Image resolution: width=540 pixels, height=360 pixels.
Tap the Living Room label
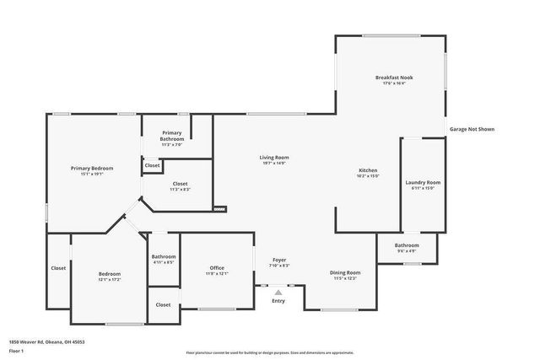pyautogui.click(x=274, y=158)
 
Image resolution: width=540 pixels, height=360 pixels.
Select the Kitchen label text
pyautogui.click(x=368, y=170)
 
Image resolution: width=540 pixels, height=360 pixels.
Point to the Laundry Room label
pyautogui.click(x=423, y=182)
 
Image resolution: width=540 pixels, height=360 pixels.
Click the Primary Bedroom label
pyautogui.click(x=91, y=169)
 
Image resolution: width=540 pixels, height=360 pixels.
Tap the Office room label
pyautogui.click(x=217, y=268)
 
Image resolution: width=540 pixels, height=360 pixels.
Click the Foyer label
pyautogui.click(x=279, y=261)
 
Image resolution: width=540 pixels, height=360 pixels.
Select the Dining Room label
pyautogui.click(x=345, y=272)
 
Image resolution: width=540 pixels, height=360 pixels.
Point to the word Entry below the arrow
pyautogui.click(x=278, y=300)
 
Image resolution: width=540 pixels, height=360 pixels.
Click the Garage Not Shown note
pyautogui.click(x=471, y=129)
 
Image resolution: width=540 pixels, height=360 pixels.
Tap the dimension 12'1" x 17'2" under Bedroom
pyautogui.click(x=110, y=279)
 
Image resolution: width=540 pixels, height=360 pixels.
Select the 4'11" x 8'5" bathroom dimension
pyautogui.click(x=164, y=262)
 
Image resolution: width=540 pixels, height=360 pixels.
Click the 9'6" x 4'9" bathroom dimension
pyautogui.click(x=407, y=251)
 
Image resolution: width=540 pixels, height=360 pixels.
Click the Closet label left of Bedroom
pyautogui.click(x=58, y=268)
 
